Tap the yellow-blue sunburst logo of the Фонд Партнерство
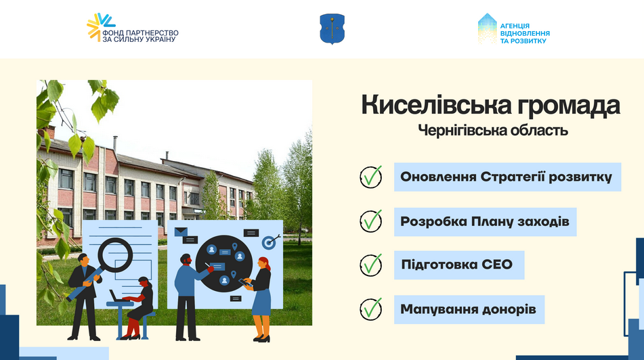pyautogui.click(x=101, y=26)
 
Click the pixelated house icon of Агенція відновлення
pyautogui.click(x=488, y=28)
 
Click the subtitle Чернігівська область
pyautogui.click(x=493, y=130)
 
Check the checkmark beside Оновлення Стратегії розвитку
pyautogui.click(x=371, y=177)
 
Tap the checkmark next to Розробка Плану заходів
pyautogui.click(x=371, y=221)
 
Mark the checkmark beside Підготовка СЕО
pyautogui.click(x=371, y=265)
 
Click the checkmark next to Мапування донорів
pyautogui.click(x=371, y=309)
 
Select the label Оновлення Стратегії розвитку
pyautogui.click(x=507, y=177)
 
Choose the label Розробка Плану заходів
pyautogui.click(x=485, y=221)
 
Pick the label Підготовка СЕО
pyautogui.click(x=458, y=265)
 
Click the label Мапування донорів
pyautogui.click(x=469, y=309)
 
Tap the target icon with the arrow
pyautogui.click(x=270, y=240)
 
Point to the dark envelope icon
pyautogui.click(x=181, y=232)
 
